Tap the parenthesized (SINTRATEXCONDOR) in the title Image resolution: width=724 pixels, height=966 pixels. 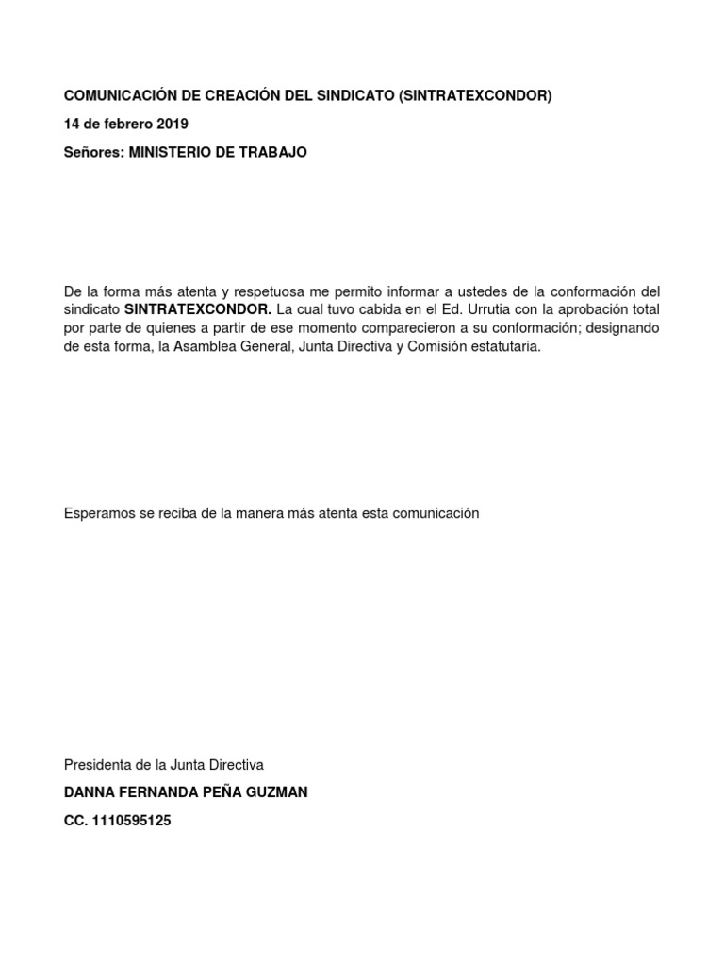tap(475, 96)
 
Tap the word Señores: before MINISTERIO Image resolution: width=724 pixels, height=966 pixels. tap(93, 152)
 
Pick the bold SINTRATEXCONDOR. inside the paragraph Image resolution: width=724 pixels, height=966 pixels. tap(198, 309)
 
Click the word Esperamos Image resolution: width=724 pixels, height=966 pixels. tap(98, 513)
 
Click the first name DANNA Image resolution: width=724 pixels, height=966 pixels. tap(86, 792)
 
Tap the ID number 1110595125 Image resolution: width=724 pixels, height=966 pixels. tap(131, 821)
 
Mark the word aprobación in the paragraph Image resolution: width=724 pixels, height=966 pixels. tap(601, 309)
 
